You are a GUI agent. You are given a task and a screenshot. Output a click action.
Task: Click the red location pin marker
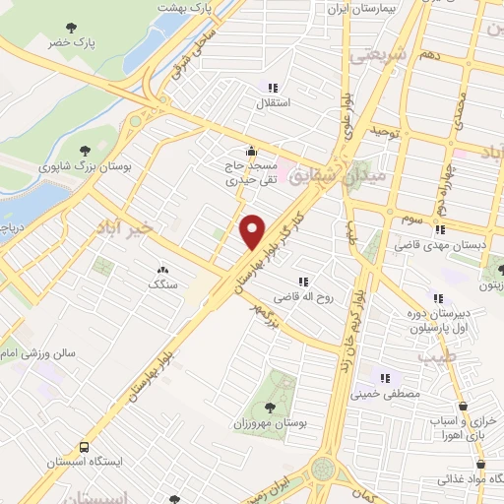click(252, 230)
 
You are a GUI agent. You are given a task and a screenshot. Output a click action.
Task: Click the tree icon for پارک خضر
click(70, 28)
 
